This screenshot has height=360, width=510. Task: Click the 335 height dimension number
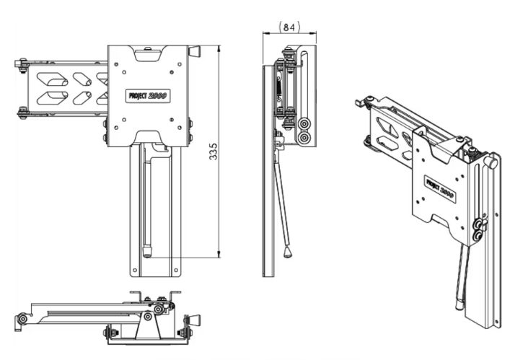(x=214, y=152)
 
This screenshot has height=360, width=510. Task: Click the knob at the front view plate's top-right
(x=194, y=51)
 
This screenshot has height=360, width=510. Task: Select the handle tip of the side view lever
(x=289, y=253)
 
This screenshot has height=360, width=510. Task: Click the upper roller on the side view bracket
(x=305, y=123)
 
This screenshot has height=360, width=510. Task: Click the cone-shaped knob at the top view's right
(x=193, y=320)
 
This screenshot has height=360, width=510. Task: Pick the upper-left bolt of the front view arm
(x=23, y=63)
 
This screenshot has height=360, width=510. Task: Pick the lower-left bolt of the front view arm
(x=23, y=112)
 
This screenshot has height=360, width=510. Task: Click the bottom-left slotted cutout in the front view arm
(x=51, y=97)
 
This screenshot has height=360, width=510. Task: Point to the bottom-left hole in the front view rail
(x=134, y=271)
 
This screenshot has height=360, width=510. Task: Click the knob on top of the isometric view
(x=492, y=163)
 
